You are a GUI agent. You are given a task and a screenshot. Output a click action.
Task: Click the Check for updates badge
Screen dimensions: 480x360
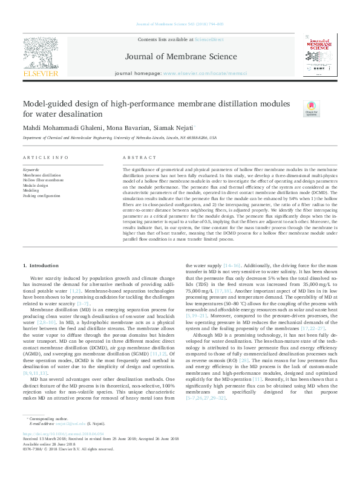(310, 108)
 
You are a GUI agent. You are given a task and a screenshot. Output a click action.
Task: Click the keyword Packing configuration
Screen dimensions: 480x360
(42, 196)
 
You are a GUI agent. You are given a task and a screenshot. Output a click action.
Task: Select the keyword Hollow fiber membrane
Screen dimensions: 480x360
(43, 180)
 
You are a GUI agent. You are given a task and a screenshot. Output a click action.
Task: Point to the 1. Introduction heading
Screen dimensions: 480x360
(41, 266)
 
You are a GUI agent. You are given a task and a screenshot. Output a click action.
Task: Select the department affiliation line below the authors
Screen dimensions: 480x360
(119, 138)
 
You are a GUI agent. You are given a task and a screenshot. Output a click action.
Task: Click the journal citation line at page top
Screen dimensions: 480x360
(179, 24)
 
